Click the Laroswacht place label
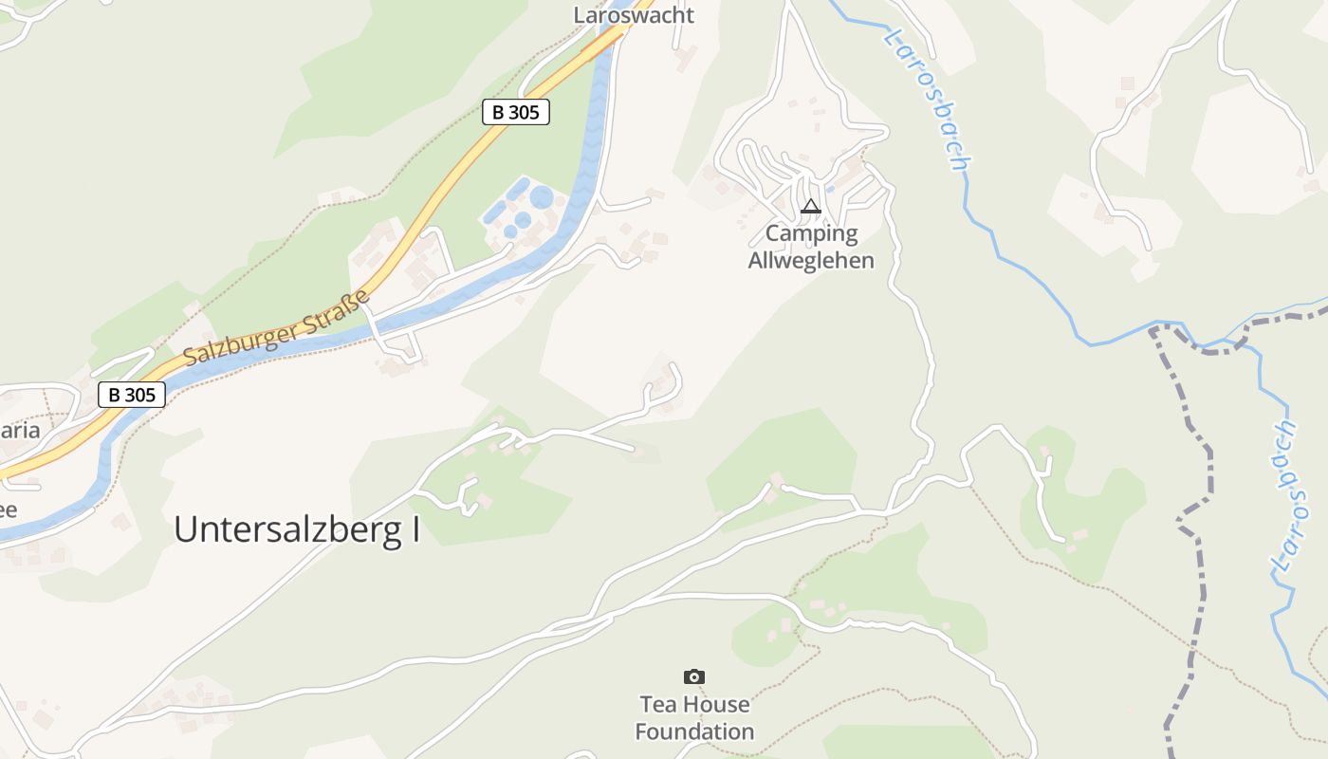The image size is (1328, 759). coord(634,15)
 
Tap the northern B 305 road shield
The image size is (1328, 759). coord(515,112)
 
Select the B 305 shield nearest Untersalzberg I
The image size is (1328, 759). coord(131,395)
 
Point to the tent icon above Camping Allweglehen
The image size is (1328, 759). coord(810,206)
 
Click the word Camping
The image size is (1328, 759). coord(811,233)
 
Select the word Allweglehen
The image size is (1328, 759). coord(811,260)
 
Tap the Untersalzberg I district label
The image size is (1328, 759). coord(296,530)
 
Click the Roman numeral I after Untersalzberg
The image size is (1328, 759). coord(415,530)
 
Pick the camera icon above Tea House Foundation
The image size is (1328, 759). coord(694,676)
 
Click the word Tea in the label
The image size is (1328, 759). coord(658,705)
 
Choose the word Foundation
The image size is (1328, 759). coord(694,731)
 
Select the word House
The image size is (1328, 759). coord(718,705)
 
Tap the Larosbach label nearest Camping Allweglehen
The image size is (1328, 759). coord(928,100)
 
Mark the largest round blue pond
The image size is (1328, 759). coord(542,197)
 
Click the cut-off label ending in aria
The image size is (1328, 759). coord(19,431)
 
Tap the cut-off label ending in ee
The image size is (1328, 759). coord(8,509)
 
